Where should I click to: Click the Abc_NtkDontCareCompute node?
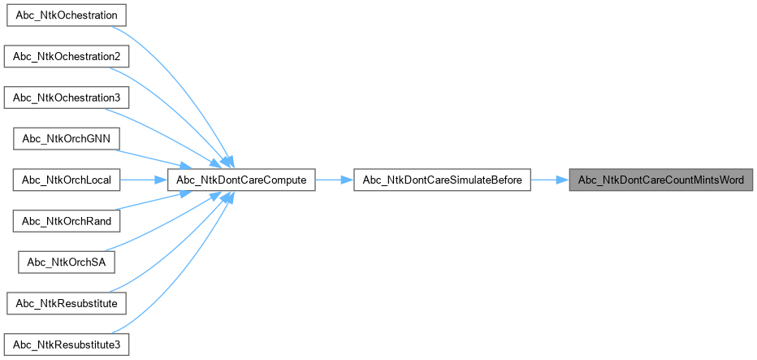(x=241, y=180)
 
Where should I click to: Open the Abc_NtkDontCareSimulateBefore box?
(x=442, y=180)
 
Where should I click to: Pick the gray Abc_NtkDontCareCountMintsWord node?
(x=660, y=180)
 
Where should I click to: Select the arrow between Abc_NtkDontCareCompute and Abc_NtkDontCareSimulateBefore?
(x=334, y=180)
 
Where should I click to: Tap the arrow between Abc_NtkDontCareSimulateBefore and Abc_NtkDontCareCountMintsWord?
(x=549, y=180)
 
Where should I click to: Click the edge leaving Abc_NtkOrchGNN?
(x=162, y=153)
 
